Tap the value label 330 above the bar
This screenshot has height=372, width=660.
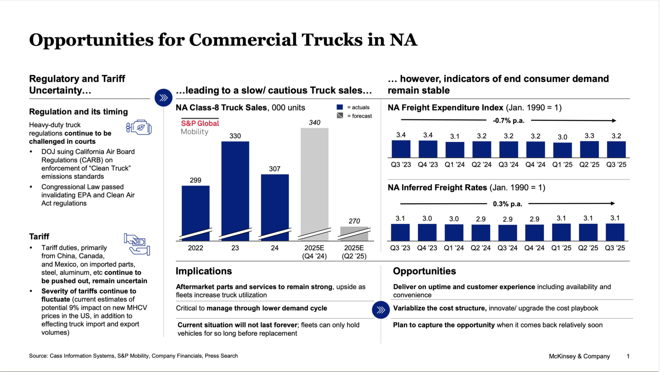235,136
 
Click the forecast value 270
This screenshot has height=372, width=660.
354,221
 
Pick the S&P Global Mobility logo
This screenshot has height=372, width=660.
200,127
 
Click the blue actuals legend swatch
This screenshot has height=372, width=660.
340,107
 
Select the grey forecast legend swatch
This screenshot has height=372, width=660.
340,116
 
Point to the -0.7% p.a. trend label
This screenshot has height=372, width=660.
509,121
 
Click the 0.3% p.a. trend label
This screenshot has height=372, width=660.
507,204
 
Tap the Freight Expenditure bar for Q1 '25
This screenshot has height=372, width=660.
562,150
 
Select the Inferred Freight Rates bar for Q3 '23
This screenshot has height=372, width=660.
400,232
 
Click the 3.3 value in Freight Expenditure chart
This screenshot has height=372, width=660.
589,136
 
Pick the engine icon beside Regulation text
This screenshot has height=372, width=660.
139,128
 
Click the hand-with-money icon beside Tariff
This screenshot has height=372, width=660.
137,244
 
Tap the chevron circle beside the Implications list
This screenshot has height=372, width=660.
381,310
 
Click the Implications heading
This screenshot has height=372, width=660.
204,271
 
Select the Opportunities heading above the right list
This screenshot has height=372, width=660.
425,271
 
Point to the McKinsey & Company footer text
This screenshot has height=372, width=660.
579,356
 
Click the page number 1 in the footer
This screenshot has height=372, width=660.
628,356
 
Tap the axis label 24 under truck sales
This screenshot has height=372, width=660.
275,248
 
